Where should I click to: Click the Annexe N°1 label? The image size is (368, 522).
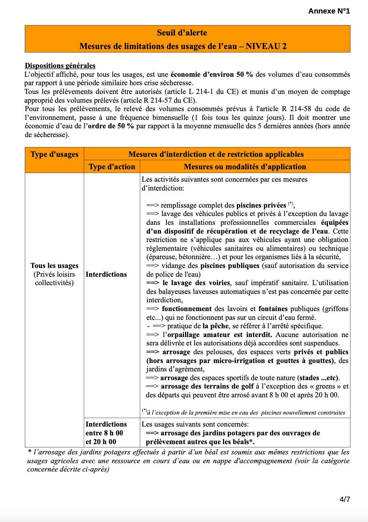click(329, 11)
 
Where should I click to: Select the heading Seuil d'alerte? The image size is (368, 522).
click(182, 33)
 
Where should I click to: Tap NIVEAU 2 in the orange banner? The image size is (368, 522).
click(266, 46)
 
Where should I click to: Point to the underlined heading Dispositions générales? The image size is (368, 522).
click(60, 66)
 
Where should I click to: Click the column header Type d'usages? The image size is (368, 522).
click(54, 154)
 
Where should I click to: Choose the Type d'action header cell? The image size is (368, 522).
click(112, 167)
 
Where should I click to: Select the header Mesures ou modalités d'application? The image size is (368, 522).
click(245, 167)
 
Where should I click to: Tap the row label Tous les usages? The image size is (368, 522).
click(54, 266)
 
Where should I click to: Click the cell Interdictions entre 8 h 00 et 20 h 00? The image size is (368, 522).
click(106, 433)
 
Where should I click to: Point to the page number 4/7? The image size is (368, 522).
click(345, 499)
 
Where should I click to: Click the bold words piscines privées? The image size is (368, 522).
click(261, 205)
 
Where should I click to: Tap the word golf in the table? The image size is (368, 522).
click(247, 386)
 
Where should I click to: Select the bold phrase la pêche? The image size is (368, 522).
click(215, 326)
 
